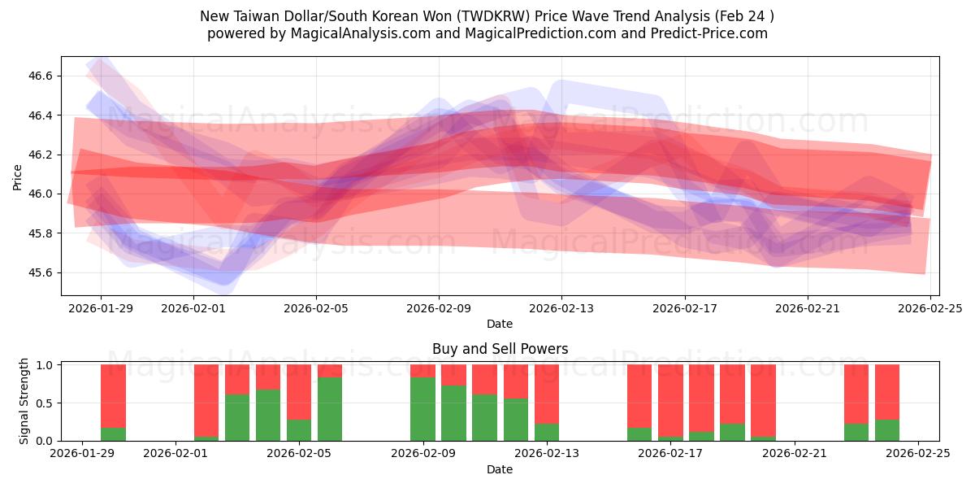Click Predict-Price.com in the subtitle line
tap(704, 33)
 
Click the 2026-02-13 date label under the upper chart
tap(561, 308)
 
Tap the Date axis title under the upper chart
tap(499, 324)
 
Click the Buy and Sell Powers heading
tap(499, 349)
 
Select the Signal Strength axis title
tap(24, 401)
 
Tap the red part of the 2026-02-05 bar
tap(299, 391)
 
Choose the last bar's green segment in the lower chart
tap(887, 430)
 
